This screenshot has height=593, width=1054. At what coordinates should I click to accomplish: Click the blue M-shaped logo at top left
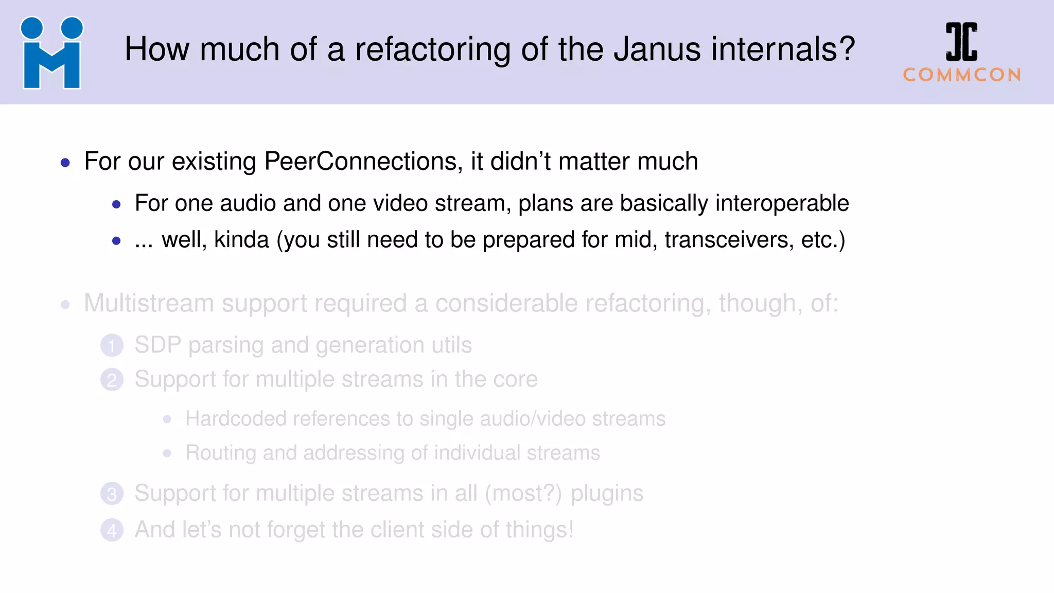(51, 53)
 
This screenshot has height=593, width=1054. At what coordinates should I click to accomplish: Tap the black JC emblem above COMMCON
(961, 42)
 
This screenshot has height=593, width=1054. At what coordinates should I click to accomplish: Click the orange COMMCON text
(962, 75)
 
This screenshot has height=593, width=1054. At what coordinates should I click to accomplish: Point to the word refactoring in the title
(432, 49)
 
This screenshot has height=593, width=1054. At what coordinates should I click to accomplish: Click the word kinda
(241, 240)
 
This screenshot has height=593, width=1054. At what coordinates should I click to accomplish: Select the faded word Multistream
(149, 303)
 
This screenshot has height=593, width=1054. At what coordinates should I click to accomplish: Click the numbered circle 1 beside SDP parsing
(112, 345)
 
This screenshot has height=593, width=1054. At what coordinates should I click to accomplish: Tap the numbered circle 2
(112, 380)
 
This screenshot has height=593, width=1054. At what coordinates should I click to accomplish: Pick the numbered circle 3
(112, 494)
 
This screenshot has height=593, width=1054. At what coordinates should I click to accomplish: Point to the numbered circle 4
(112, 530)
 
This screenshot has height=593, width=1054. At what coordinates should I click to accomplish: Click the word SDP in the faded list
(158, 345)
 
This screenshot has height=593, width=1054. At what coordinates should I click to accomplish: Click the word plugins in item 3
(607, 494)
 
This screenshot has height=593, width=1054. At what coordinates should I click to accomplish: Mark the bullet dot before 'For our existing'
(65, 163)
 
